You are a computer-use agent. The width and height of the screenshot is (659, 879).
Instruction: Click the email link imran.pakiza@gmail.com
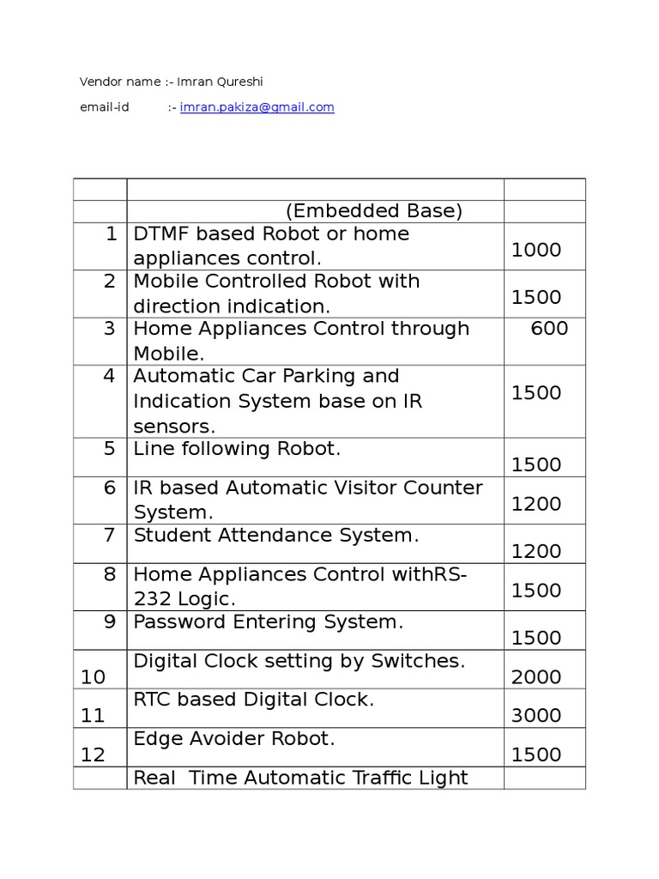pyautogui.click(x=257, y=107)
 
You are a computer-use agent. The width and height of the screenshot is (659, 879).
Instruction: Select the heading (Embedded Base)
pyautogui.click(x=374, y=211)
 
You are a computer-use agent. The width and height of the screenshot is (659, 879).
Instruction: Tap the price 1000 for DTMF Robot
pyautogui.click(x=536, y=250)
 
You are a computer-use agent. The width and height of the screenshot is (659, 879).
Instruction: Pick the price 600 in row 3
pyautogui.click(x=549, y=328)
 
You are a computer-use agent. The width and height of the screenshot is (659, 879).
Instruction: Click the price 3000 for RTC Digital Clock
pyautogui.click(x=536, y=716)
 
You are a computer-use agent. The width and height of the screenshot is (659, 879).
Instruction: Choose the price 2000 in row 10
pyautogui.click(x=536, y=677)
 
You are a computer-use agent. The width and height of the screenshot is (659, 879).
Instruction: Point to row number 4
pyautogui.click(x=110, y=376)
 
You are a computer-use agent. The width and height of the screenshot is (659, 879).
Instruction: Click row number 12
pyautogui.click(x=93, y=755)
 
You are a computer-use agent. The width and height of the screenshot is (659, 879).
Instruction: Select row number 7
pyautogui.click(x=110, y=536)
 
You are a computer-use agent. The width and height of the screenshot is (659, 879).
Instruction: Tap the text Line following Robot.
pyautogui.click(x=237, y=448)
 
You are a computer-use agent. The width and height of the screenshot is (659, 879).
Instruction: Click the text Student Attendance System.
pyautogui.click(x=276, y=536)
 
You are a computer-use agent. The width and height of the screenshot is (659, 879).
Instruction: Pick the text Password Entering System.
pyautogui.click(x=268, y=622)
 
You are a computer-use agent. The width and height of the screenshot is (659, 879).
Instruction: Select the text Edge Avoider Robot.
pyautogui.click(x=233, y=738)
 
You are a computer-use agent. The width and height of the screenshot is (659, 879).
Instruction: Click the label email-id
pyautogui.click(x=104, y=107)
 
